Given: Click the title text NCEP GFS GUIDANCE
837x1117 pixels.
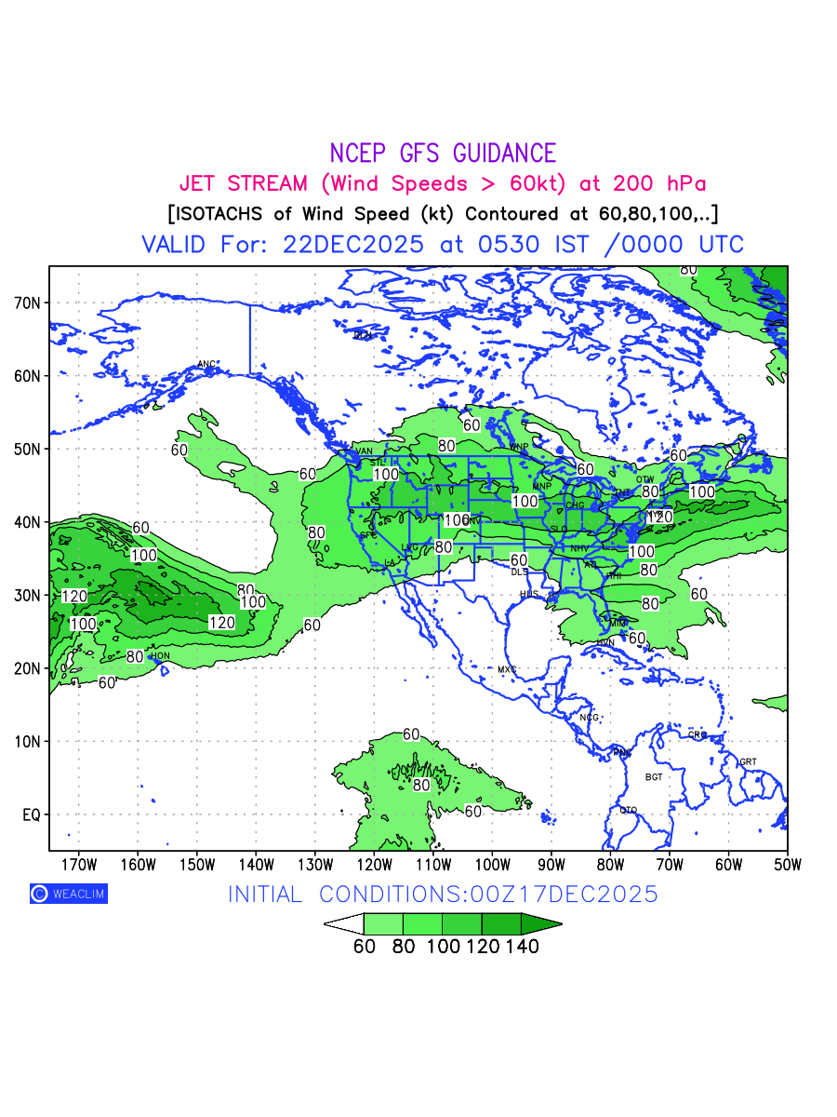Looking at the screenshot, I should (443, 154).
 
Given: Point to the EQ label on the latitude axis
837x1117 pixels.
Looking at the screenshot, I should (32, 814).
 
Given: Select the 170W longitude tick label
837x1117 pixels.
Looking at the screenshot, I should (78, 864).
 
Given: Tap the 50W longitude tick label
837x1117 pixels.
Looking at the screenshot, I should (787, 864).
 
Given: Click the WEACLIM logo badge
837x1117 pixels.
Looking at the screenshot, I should (68, 894).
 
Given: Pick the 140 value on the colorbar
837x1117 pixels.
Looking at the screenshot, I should (522, 947).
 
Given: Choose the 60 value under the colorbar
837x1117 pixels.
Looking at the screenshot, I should (365, 947).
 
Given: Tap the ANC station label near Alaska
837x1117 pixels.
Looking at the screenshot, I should (206, 364).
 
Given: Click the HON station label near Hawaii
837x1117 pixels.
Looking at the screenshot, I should (160, 656).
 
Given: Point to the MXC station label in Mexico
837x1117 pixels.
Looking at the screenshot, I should (507, 669).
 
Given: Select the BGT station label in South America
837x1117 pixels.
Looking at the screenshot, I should (654, 776).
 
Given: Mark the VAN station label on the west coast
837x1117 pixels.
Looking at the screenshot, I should (364, 452).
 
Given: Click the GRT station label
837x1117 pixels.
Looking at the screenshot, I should (748, 761).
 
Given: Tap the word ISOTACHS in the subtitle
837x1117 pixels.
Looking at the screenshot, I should (224, 213).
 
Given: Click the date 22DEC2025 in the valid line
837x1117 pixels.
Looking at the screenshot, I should (353, 245).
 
